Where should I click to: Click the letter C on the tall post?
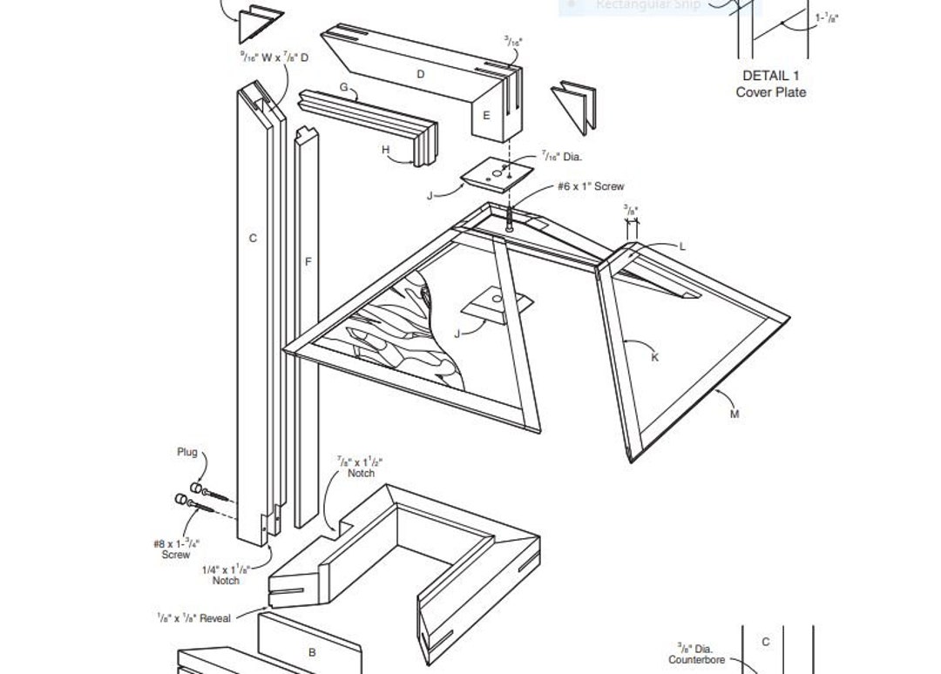click(253, 238)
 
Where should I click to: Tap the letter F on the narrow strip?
click(308, 261)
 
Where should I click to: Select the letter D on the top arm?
click(421, 74)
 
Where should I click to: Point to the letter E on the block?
click(486, 115)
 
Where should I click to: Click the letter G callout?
click(343, 87)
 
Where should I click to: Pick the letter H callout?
click(386, 150)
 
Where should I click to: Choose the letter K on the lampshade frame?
click(655, 357)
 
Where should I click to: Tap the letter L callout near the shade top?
click(682, 246)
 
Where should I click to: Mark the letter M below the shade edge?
click(735, 414)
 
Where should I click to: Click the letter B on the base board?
click(312, 651)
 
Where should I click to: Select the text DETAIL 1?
click(770, 76)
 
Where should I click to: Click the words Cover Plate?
click(770, 92)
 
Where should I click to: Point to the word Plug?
click(187, 452)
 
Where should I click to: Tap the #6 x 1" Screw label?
click(591, 186)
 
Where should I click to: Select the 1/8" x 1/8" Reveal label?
click(194, 618)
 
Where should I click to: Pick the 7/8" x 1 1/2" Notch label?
click(360, 467)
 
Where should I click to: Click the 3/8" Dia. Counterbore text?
click(696, 654)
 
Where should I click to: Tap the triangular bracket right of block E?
click(574, 104)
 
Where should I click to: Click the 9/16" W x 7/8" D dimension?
click(274, 57)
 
